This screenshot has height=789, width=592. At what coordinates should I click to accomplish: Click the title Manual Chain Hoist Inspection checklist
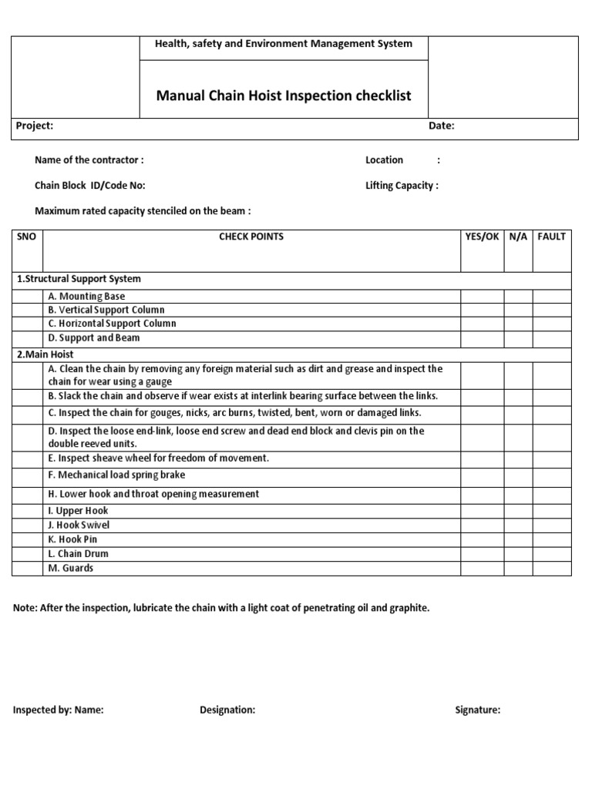click(x=284, y=96)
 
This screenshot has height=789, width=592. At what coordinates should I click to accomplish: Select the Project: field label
click(x=35, y=126)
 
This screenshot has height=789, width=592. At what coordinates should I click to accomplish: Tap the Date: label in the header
click(x=442, y=126)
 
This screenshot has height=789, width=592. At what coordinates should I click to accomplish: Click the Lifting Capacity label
click(x=402, y=186)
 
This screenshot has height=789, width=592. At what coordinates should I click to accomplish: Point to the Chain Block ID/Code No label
click(x=89, y=186)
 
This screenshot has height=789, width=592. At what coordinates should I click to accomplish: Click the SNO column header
click(x=26, y=237)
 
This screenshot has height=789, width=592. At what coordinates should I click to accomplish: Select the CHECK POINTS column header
click(x=251, y=237)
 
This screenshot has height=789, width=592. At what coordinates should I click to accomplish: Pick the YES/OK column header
click(x=482, y=237)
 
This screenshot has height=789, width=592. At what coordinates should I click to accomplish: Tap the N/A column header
click(x=518, y=237)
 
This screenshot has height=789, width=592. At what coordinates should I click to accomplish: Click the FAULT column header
click(x=551, y=237)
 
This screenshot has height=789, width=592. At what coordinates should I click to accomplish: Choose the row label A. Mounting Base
click(x=86, y=297)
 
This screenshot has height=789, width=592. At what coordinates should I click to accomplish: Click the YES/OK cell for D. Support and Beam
click(x=482, y=338)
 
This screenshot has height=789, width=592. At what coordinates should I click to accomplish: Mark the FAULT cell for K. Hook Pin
click(x=551, y=539)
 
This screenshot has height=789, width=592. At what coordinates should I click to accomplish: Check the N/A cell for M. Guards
click(x=518, y=568)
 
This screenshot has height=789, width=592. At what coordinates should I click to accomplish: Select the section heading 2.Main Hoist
click(x=46, y=354)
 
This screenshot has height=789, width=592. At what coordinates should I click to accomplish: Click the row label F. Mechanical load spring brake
click(x=116, y=475)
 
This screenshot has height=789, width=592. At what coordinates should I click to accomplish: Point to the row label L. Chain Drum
click(x=78, y=554)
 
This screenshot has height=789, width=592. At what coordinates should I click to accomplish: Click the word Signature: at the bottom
click(x=477, y=710)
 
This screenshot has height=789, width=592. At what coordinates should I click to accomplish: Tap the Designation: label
click(x=227, y=710)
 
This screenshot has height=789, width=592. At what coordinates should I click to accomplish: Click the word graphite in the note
click(x=409, y=608)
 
